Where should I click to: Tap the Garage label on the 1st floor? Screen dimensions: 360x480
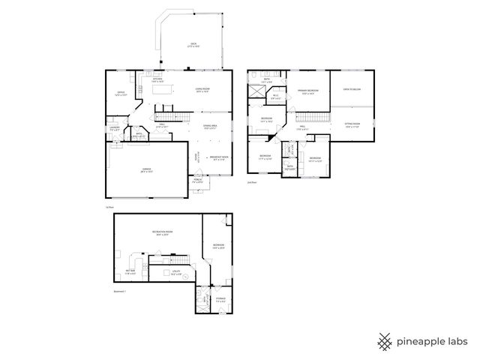tap(146, 170)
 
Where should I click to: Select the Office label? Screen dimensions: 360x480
tap(120, 94)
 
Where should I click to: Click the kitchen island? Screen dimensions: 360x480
tap(163, 91)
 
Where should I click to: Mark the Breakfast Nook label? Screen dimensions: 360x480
tap(220, 157)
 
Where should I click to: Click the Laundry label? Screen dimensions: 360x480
tap(115, 128)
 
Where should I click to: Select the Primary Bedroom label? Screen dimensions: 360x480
tap(308, 91)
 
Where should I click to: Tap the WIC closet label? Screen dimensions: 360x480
tap(275, 96)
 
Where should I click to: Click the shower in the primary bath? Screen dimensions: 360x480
tap(257, 92)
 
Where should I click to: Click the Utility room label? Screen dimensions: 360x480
tap(176, 273)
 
